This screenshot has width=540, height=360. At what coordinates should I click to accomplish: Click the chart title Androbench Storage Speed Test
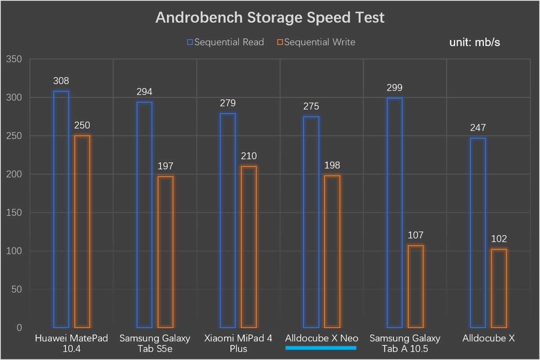coord(270,18)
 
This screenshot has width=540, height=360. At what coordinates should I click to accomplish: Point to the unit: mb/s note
coord(475,42)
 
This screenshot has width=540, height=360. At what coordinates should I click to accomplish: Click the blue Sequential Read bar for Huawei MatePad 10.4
coord(61,209)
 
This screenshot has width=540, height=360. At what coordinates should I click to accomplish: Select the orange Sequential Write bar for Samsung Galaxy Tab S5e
coord(165,252)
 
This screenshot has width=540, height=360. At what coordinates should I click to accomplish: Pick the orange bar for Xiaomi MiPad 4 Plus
coord(248,247)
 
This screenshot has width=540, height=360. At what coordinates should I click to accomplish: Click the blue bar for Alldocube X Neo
coord(311,222)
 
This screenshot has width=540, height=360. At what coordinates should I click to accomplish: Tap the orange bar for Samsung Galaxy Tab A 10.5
coord(416,287)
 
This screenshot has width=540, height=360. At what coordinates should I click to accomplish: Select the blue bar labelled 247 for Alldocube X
coord(478,233)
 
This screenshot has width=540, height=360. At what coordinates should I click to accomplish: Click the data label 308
coord(61,81)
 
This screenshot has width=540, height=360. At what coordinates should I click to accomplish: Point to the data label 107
coord(416,235)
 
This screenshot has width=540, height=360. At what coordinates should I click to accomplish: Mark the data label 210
coord(248,156)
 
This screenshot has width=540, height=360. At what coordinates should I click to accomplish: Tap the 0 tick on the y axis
coord(19,328)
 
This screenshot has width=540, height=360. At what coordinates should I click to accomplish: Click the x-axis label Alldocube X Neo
coord(321,338)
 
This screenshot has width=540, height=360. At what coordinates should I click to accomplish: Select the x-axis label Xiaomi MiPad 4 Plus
coord(238,343)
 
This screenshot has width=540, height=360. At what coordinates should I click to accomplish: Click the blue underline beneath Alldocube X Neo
coord(321,348)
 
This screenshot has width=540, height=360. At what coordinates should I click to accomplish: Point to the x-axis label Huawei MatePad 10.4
coord(71,343)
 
